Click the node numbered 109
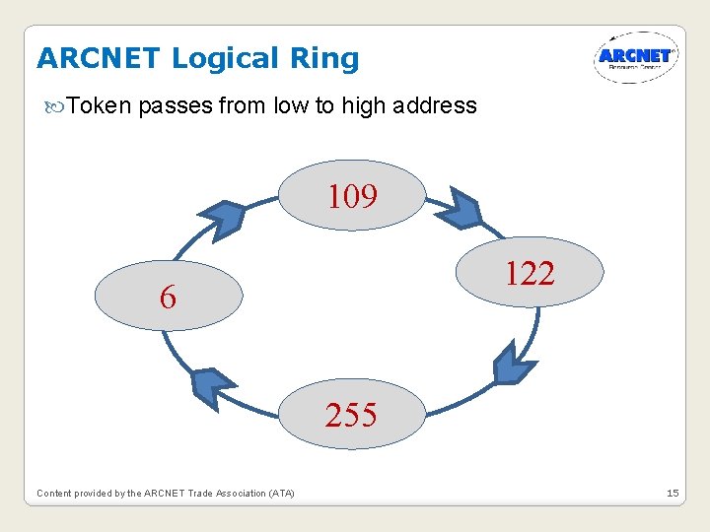pyautogui.click(x=353, y=196)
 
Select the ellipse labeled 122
pyautogui.click(x=529, y=273)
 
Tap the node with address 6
pyautogui.click(x=169, y=296)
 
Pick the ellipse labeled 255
pyautogui.click(x=351, y=415)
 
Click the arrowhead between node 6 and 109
pyautogui.click(x=221, y=218)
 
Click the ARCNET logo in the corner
pyautogui.click(x=635, y=57)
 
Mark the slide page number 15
pyautogui.click(x=673, y=493)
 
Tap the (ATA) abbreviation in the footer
pyautogui.click(x=280, y=493)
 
